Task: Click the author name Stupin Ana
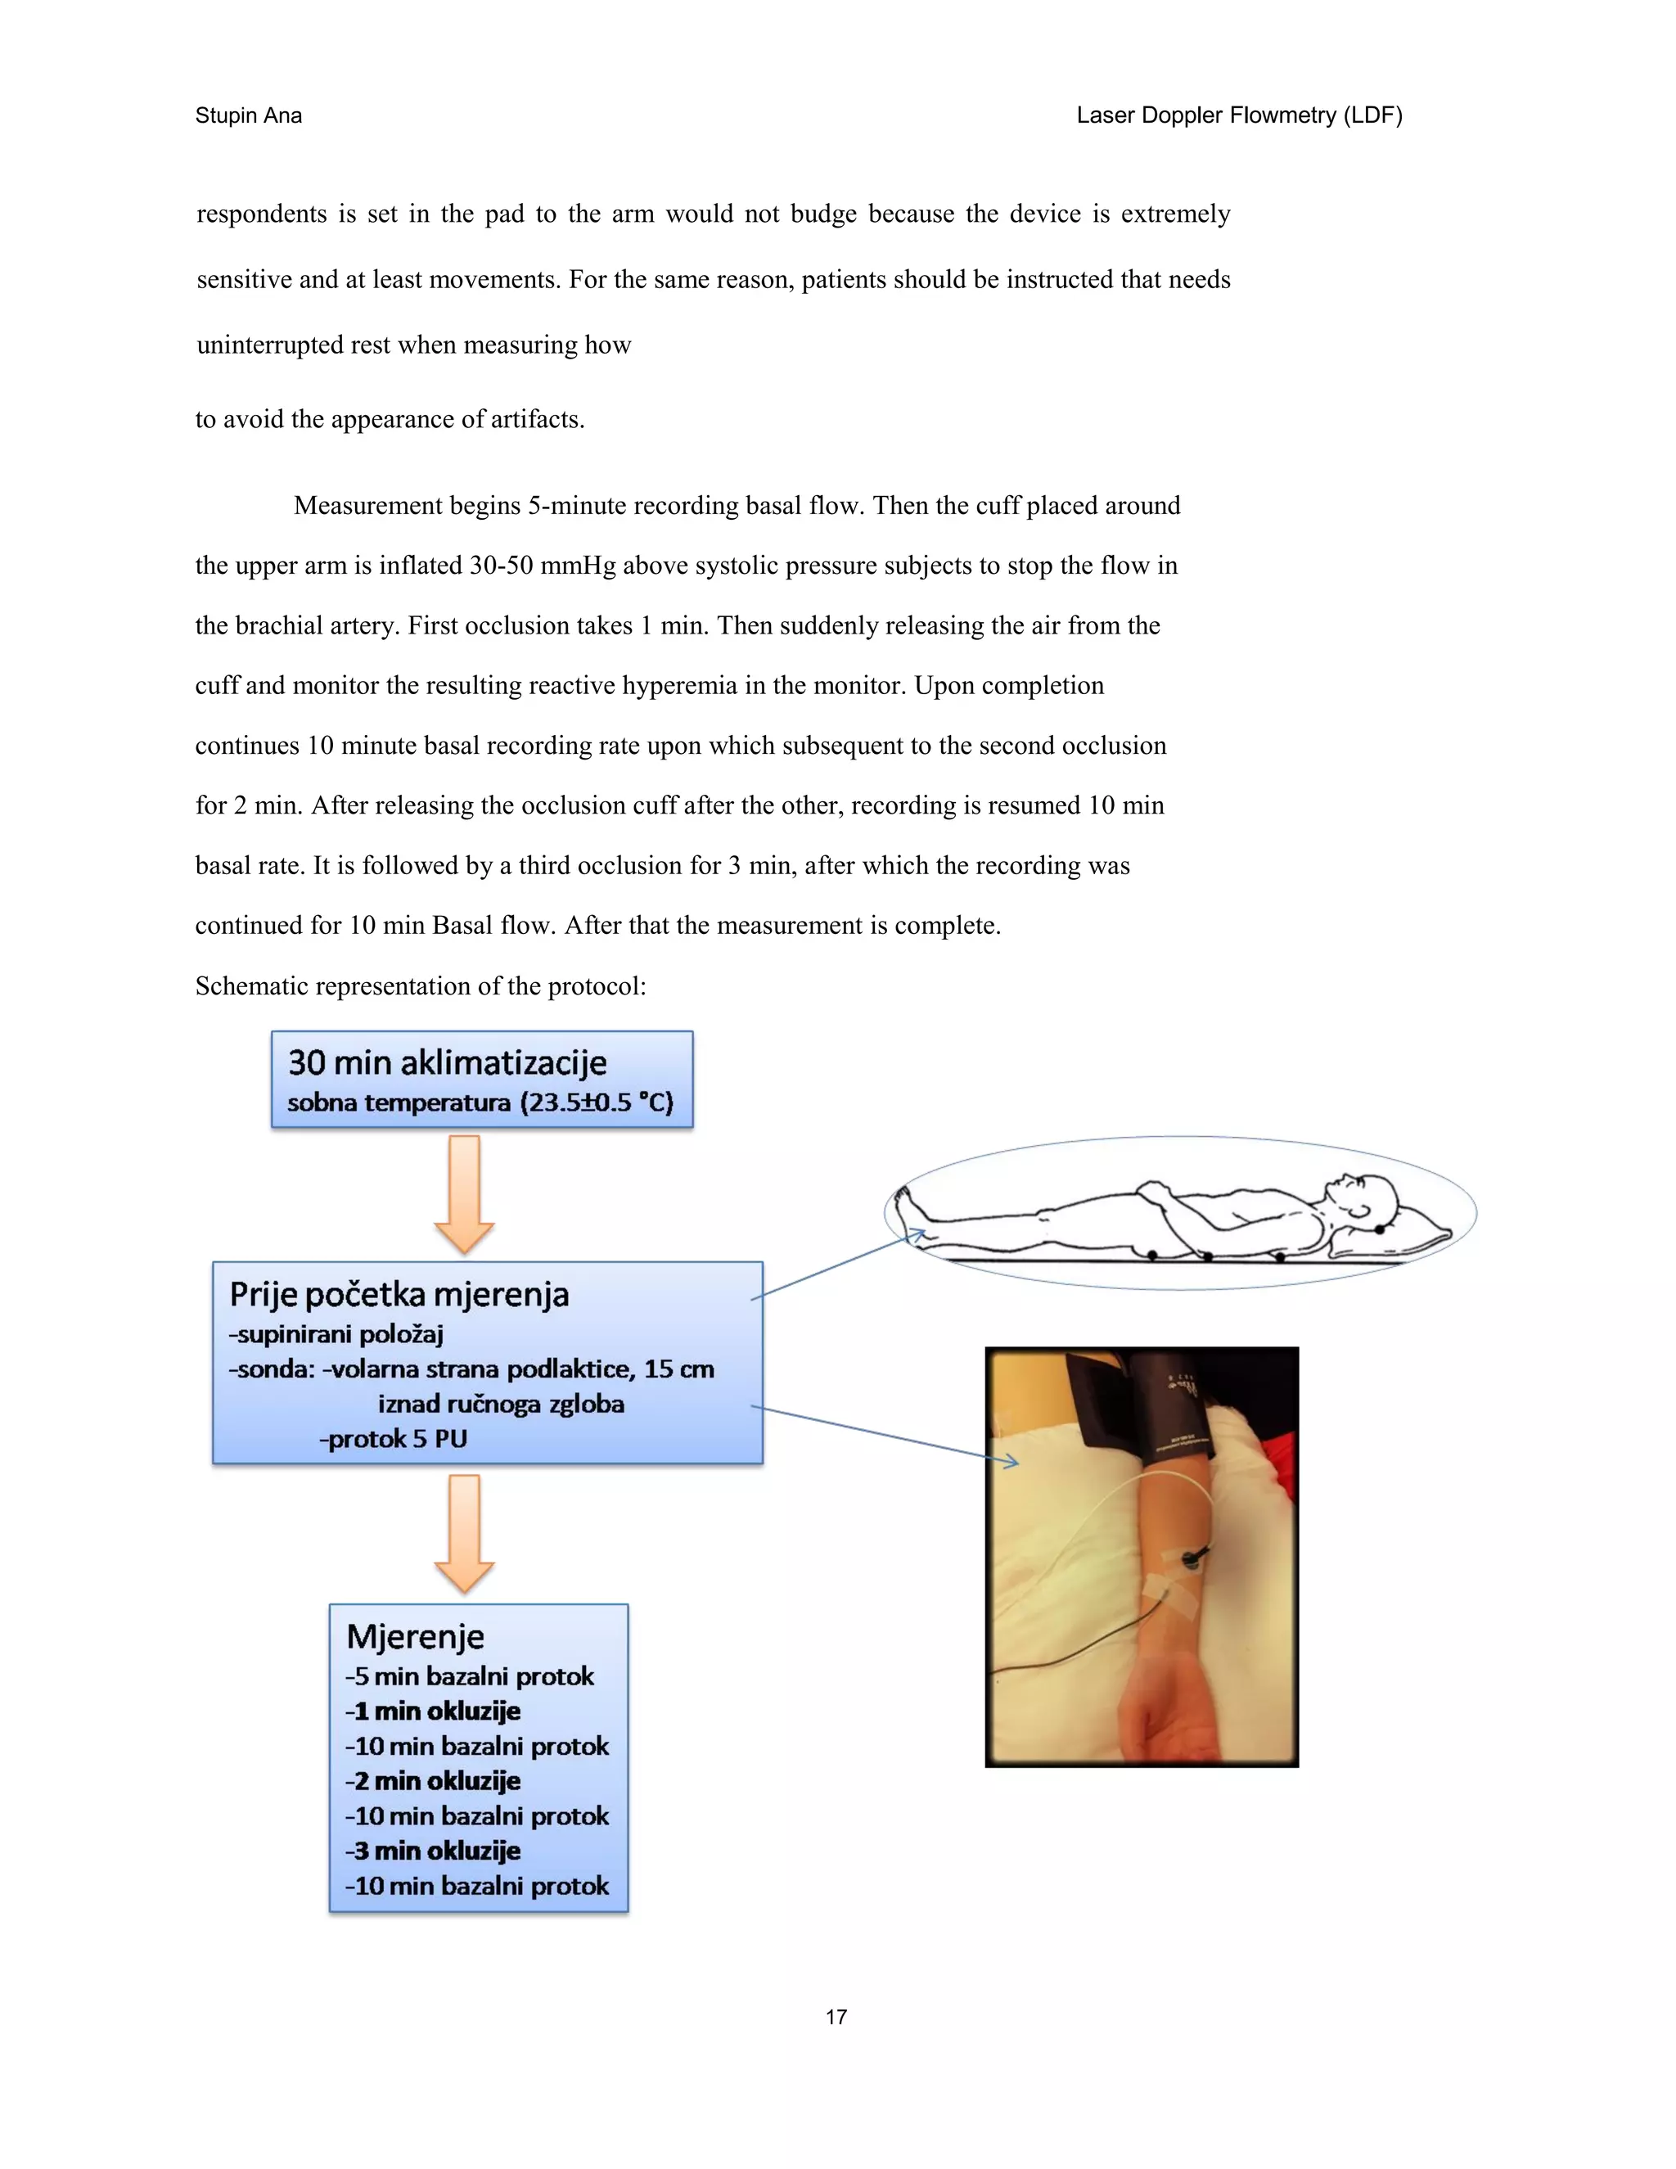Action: pos(248,115)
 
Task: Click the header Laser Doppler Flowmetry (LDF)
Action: pos(1238,115)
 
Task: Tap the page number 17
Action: pos(836,2017)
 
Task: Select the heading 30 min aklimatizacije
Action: pos(447,1062)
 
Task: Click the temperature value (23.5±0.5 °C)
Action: pos(596,1103)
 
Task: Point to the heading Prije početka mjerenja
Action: pos(399,1294)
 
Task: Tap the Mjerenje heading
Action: pos(415,1635)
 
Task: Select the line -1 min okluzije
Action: pos(433,1710)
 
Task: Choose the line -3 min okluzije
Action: pos(433,1851)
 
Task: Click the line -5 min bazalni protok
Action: pos(470,1675)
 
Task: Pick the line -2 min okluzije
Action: pos(433,1781)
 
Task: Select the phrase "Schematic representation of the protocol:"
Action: pos(421,986)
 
